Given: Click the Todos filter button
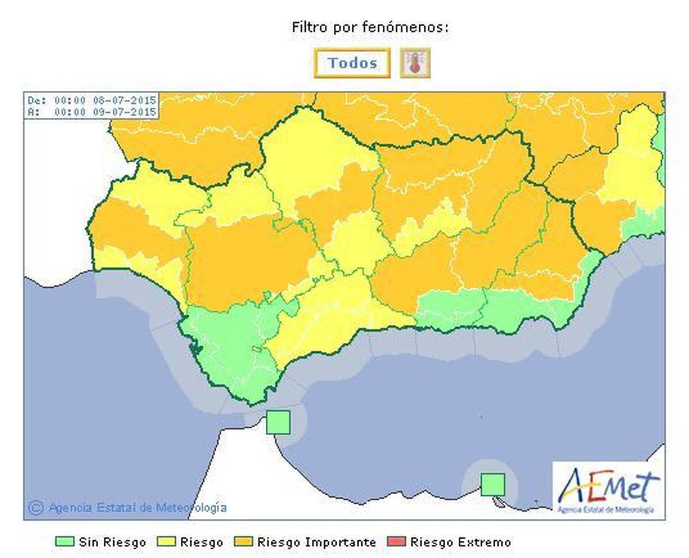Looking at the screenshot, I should tap(352, 63).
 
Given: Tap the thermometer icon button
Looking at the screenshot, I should tap(415, 63).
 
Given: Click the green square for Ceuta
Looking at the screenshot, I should tap(278, 422).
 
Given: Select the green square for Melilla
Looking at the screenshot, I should tap(493, 484).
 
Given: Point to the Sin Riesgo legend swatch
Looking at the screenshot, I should tap(64, 542).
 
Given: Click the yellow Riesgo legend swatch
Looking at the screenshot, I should tap(166, 542).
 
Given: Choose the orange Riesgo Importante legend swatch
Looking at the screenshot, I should tap(243, 542).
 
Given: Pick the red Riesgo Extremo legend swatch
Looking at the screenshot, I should tap(396, 542).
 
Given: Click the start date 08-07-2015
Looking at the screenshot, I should tap(124, 101).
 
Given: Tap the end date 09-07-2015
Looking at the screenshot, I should tap(124, 112).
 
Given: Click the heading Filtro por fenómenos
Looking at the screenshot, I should tap(370, 28).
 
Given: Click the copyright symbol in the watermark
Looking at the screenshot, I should tap(36, 508).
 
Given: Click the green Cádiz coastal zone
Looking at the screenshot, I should tap(228, 344).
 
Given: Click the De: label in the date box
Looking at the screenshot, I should tap(36, 101).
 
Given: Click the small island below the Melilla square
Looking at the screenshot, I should tap(499, 502).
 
